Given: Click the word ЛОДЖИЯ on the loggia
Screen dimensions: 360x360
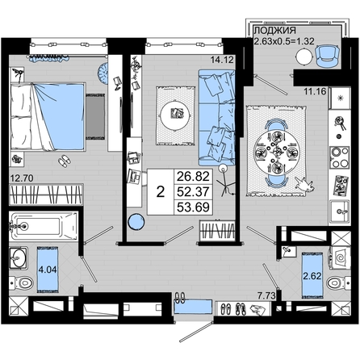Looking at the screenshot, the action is point(275,31).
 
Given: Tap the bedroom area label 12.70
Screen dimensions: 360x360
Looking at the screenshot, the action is point(22,178).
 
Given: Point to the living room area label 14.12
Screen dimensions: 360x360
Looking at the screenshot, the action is point(222,60).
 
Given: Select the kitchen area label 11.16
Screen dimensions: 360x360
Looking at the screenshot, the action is point(315,91).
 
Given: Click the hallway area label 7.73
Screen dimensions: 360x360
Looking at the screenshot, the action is point(266,296).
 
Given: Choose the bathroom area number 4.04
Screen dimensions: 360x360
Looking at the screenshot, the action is point(48,269).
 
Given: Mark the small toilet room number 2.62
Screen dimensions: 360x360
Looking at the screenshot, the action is point(312,276).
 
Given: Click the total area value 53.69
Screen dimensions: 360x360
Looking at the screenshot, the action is point(194,207).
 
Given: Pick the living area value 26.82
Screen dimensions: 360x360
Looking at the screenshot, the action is point(193,177).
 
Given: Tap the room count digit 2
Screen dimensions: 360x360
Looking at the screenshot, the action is point(161,192).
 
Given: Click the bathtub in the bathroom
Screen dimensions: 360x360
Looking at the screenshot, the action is point(44,226).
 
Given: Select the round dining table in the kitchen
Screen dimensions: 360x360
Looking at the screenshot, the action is point(277,153).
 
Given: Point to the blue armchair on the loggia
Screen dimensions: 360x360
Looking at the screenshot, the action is point(327,56).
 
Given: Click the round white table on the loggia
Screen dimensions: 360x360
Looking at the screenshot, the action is point(304,57).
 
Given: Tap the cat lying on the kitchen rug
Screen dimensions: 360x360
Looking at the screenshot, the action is point(304,185).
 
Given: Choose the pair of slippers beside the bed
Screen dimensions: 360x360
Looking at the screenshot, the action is point(65,161).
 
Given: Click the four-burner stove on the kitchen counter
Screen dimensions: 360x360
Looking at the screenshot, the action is point(340,157).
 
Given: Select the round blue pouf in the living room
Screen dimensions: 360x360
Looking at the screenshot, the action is point(136,221).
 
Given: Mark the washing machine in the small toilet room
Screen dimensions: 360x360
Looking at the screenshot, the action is point(340,257).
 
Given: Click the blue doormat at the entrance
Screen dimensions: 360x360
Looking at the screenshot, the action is point(192,307).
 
